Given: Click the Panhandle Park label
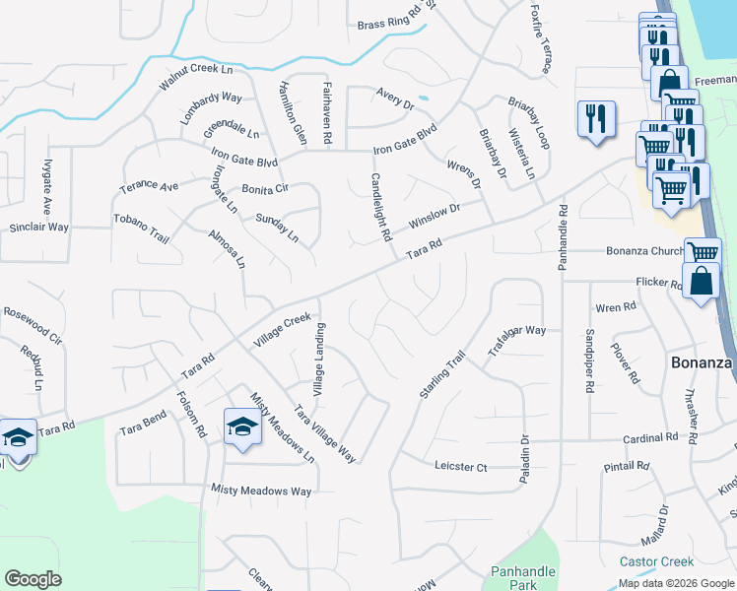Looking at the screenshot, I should tap(523, 578).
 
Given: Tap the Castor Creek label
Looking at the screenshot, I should tap(656, 561).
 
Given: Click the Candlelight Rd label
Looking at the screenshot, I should tap(381, 208).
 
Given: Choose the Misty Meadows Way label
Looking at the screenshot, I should tap(261, 490).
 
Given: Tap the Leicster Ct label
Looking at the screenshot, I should tap(461, 466).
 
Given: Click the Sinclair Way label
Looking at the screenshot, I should tap(39, 227).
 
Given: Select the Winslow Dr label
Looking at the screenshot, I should tap(435, 215).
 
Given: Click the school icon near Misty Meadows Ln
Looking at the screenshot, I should tap(240, 426).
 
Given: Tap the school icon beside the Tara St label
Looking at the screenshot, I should tap(17, 436).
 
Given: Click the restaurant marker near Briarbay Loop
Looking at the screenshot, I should tap(595, 120).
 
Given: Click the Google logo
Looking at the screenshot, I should tap(33, 579).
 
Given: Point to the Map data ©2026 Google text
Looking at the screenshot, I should tap(676, 583).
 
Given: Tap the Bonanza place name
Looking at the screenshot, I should tap(702, 362).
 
